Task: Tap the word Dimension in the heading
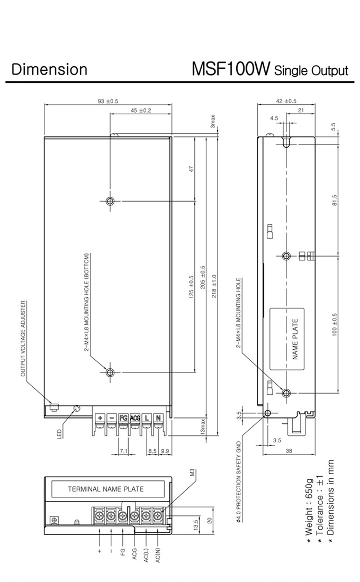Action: coord(49,69)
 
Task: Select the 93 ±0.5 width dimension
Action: coord(108,101)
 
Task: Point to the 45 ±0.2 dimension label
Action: coord(141,110)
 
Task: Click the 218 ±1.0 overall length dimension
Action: coord(214,286)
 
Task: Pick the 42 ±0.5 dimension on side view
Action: coord(286,101)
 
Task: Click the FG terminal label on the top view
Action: coord(123,418)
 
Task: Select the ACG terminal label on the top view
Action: coord(135,418)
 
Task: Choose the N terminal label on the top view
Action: coord(158,418)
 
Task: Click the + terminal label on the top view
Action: coord(100,418)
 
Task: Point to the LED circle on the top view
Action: coord(77,408)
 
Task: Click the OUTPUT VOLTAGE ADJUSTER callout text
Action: coord(23,339)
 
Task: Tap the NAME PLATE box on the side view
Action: coord(287,339)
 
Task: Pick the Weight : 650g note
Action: coord(309,513)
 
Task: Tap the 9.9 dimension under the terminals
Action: coord(165,451)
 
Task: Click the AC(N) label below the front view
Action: coord(158,554)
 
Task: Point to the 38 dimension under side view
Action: coord(289,451)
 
